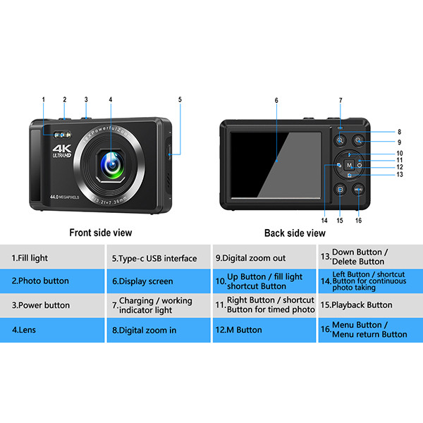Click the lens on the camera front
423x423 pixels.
(x=111, y=163)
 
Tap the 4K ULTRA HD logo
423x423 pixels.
(x=62, y=152)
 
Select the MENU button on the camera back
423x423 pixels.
(x=358, y=189)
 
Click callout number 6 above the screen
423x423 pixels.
(x=276, y=100)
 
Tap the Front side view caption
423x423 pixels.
(x=100, y=233)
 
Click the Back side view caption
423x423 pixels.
(x=295, y=233)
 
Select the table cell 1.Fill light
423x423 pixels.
(x=52, y=257)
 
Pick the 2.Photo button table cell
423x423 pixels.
(x=52, y=281)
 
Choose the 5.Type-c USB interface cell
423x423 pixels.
(x=159, y=257)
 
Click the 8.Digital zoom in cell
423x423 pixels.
(x=159, y=329)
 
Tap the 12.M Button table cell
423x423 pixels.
(x=264, y=329)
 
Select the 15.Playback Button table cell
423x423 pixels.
(x=370, y=305)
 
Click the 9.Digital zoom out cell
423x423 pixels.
(x=264, y=257)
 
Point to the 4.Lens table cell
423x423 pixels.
(x=52, y=329)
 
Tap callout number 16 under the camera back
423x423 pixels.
(x=358, y=221)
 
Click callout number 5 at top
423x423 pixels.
(x=180, y=100)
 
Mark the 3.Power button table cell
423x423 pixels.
(x=52, y=305)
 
